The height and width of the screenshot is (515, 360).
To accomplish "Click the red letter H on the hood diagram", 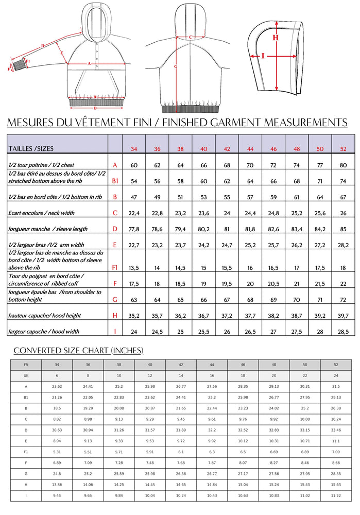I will (276, 37).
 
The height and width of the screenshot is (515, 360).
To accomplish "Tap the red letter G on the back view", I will (176, 66).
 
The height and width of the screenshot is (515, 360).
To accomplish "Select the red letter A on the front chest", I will (90, 63).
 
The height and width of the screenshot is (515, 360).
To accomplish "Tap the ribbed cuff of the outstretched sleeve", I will (20, 64).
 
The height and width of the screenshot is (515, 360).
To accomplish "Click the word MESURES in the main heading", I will (33, 122).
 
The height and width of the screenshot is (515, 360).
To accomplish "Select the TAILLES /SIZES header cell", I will (31, 148).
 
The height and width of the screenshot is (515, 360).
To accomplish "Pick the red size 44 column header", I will (250, 149).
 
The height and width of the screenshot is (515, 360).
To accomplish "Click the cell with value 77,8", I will (134, 229).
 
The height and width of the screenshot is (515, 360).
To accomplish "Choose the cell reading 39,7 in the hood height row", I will (343, 315).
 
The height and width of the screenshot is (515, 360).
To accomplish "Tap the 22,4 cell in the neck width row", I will (134, 213).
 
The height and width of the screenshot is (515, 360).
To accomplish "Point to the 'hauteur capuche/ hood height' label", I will (44, 315).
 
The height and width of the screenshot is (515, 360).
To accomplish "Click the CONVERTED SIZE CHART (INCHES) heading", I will (78, 351).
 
